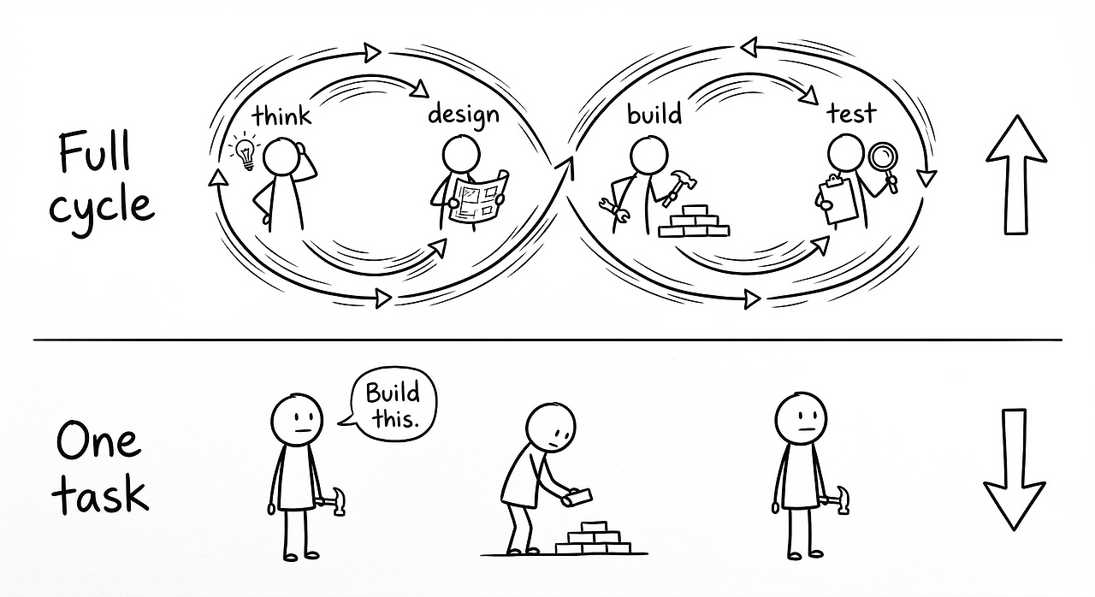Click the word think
click(281, 115)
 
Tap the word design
click(463, 114)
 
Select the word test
click(851, 114)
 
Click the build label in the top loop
click(654, 114)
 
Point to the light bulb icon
click(245, 151)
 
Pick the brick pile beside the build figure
click(695, 222)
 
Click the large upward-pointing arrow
click(1015, 176)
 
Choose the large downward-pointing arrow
click(1014, 469)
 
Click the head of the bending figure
click(551, 427)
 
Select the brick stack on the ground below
click(593, 538)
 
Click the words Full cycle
click(101, 181)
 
